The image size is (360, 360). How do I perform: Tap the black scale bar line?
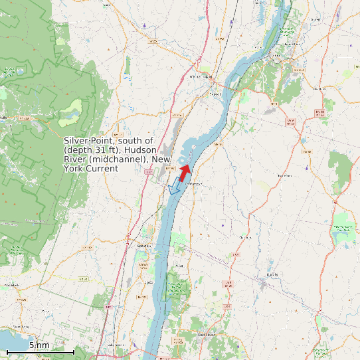pos(40,351)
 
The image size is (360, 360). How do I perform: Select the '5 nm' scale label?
pos(39,345)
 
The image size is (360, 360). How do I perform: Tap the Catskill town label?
pos(215,94)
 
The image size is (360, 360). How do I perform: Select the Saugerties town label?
pos(141,246)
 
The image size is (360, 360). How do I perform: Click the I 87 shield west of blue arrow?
pos(148,173)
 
